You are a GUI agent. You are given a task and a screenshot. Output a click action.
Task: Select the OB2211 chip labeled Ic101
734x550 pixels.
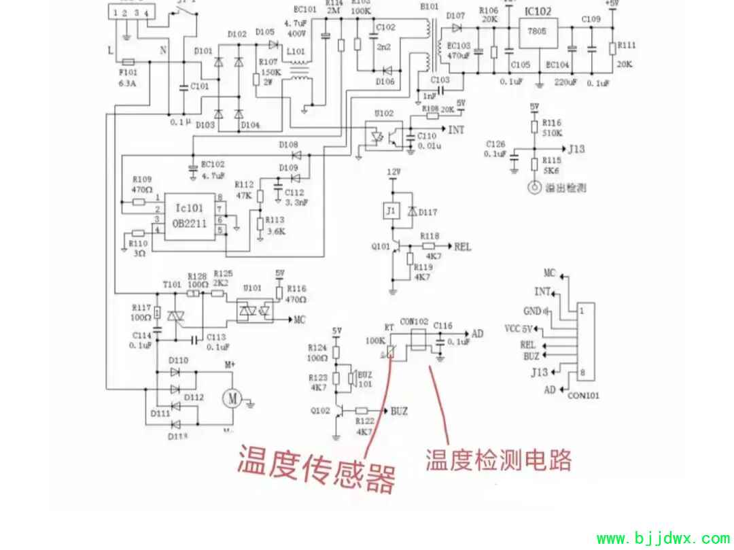tap(189, 215)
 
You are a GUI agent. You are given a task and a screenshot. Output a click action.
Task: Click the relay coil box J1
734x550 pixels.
tap(391, 211)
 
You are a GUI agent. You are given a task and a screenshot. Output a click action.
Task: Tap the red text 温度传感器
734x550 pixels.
tap(315, 467)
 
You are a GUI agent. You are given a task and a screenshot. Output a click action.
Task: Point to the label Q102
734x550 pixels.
tap(319, 411)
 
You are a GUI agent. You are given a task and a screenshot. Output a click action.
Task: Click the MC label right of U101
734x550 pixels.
tap(300, 320)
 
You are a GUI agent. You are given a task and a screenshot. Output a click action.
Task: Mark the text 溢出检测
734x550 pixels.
tap(565, 188)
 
